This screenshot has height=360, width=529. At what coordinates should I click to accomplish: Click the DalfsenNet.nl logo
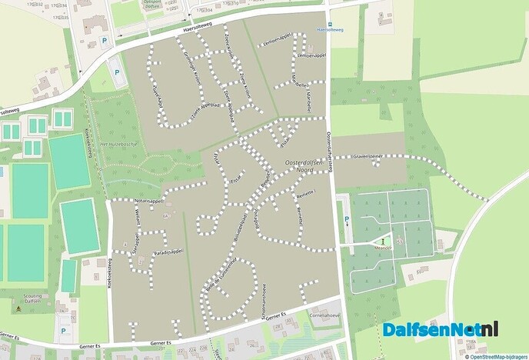point(441,330)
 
